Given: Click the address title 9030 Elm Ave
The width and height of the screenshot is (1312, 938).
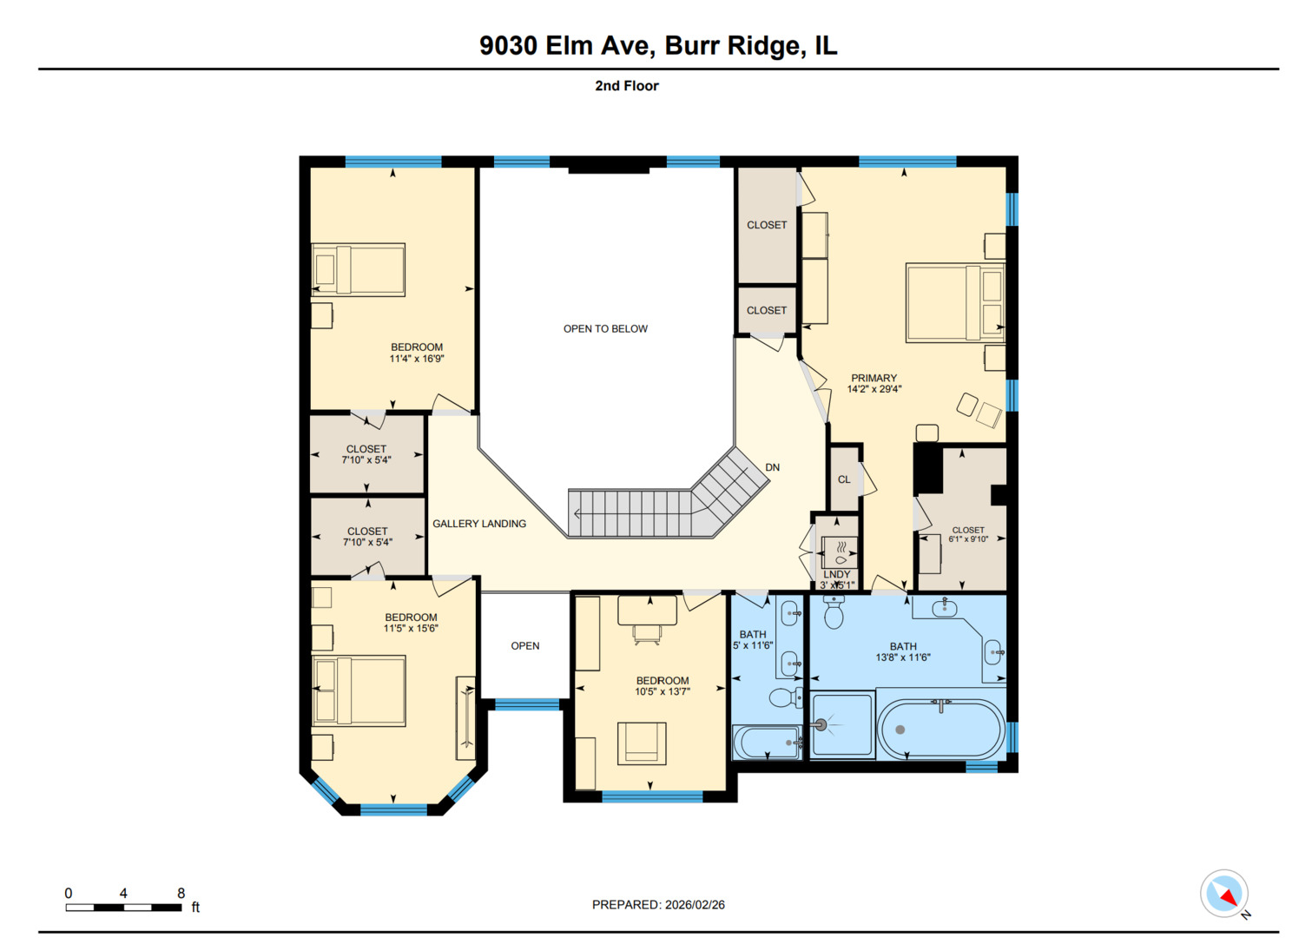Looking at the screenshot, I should click(x=657, y=45).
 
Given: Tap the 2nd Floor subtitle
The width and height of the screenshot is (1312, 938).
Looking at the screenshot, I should click(x=626, y=86).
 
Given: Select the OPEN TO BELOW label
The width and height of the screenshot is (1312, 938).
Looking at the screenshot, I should click(x=605, y=329).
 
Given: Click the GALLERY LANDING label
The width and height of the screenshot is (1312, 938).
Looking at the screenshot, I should click(x=479, y=524).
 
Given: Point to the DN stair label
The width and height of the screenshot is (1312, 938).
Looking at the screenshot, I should click(x=772, y=468).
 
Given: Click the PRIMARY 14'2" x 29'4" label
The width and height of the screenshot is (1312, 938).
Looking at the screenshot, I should click(x=874, y=384).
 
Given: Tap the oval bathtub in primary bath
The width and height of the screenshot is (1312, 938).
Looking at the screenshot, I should click(x=940, y=730).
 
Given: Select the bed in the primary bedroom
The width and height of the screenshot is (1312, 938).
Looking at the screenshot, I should click(x=955, y=302).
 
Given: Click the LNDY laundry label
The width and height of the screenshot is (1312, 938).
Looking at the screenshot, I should click(x=836, y=575).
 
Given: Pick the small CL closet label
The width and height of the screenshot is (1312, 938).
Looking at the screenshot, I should click(x=844, y=479).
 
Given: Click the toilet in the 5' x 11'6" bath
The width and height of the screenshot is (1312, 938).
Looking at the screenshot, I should click(x=786, y=697).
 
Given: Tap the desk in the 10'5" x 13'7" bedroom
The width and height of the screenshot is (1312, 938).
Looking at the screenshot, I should click(x=647, y=611).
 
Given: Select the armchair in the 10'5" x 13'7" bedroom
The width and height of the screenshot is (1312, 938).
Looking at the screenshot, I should click(x=642, y=743).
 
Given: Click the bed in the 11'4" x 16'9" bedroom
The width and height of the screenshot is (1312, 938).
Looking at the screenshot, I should click(x=359, y=269).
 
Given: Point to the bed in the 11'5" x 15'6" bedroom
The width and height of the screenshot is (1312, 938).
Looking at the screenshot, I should click(x=359, y=690).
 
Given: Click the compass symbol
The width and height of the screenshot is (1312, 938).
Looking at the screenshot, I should click(x=1224, y=894).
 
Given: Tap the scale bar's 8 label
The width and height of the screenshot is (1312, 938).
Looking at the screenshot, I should click(x=181, y=893).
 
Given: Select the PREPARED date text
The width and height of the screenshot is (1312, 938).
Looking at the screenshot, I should click(x=658, y=905).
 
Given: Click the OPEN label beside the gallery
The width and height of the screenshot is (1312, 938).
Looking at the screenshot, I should click(x=525, y=646).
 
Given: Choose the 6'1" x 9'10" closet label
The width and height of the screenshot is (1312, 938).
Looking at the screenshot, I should click(x=968, y=535).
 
